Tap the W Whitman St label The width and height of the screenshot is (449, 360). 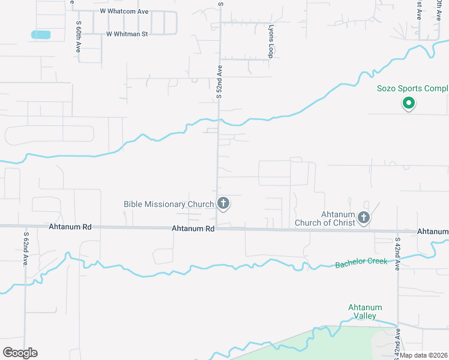[127, 34]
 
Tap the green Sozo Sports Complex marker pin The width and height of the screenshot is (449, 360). [408, 104]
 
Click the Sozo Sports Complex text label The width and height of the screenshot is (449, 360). [412, 89]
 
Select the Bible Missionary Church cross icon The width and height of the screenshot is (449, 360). [223, 204]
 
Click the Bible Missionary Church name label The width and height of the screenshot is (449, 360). [169, 205]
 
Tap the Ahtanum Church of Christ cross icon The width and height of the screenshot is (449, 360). [363, 218]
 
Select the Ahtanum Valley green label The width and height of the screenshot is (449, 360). [365, 311]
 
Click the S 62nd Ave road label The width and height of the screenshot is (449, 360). [26, 249]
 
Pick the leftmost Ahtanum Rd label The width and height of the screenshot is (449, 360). [79, 227]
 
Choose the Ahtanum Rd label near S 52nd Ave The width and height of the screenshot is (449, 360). [193, 229]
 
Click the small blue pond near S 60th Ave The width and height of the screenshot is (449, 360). [41, 35]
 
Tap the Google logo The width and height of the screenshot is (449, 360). [20, 353]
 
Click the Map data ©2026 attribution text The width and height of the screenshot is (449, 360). [424, 355]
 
